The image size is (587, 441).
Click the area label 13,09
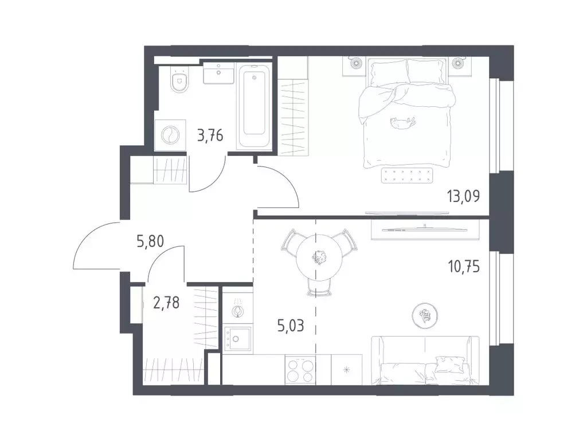click(463, 196)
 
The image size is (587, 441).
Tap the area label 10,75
click(463, 267)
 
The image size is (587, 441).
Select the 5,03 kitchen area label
click(291, 326)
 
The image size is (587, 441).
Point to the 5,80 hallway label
click(150, 242)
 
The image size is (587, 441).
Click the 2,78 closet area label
click(166, 302)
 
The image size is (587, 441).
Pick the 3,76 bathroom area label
click(210, 136)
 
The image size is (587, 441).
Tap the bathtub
click(255, 106)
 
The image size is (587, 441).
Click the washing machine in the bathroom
click(170, 135)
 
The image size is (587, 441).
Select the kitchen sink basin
click(237, 339)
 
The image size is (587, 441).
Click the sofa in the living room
click(425, 361)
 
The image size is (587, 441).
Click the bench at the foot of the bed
click(406, 176)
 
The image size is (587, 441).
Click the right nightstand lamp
click(457, 63)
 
